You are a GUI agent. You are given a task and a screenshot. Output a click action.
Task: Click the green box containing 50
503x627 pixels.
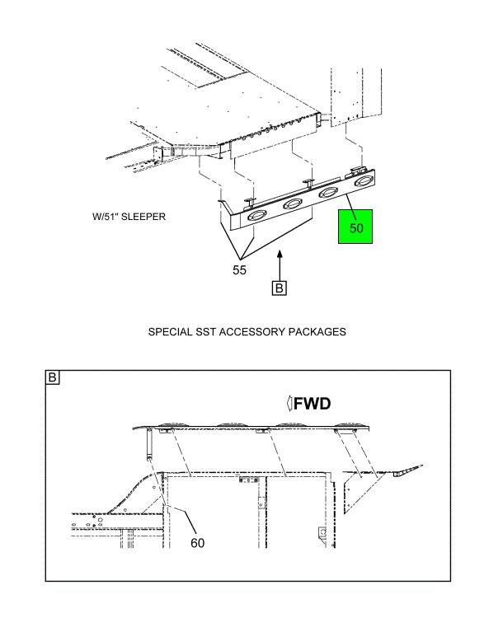[x=356, y=227]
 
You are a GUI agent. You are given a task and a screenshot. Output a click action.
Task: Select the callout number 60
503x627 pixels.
[x=197, y=543]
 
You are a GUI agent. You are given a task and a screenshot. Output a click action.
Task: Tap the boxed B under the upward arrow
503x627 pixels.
[x=280, y=288]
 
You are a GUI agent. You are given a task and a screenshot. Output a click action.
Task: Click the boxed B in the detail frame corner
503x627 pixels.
[x=54, y=379]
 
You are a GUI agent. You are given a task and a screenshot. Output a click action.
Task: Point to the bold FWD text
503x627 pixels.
[x=317, y=405]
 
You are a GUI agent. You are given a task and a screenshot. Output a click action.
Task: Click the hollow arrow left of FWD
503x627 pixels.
[x=289, y=405]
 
